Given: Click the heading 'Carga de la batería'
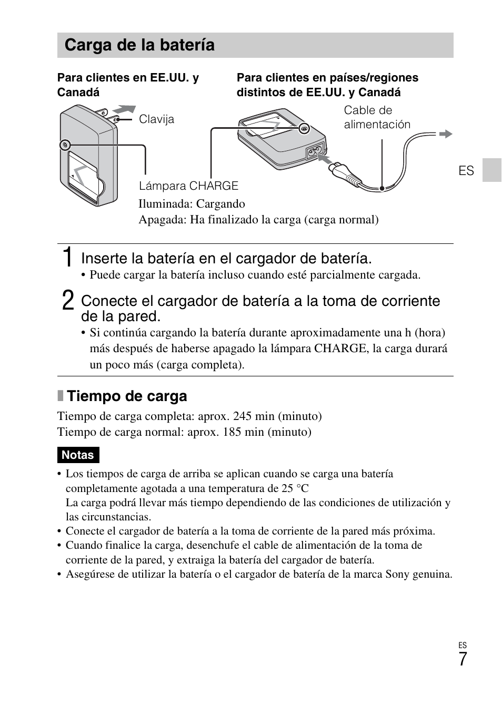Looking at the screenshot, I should click(139, 45).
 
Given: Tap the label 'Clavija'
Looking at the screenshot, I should click(156, 119).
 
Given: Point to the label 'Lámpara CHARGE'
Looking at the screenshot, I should click(188, 186).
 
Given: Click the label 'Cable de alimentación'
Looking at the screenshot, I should click(377, 117).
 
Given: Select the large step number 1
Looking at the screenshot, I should click(66, 258).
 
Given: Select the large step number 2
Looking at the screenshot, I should click(67, 301).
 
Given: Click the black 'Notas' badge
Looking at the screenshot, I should click(78, 455).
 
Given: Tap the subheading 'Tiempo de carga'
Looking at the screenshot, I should click(127, 396).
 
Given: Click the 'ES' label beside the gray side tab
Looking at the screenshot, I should click(466, 171).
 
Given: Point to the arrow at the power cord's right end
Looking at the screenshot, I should click(446, 134).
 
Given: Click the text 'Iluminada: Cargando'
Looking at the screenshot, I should click(192, 204).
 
